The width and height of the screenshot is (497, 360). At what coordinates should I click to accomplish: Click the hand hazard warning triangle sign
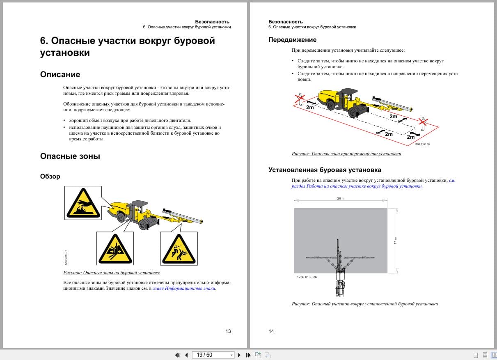[x=82, y=203]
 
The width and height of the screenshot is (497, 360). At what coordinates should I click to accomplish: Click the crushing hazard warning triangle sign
[x=115, y=249]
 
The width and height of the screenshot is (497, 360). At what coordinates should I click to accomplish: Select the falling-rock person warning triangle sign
[x=179, y=249]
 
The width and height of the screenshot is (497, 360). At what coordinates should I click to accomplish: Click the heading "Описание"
[x=60, y=74]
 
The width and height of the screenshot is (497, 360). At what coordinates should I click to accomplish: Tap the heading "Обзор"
[x=50, y=176]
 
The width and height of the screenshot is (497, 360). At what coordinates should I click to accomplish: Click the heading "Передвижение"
[x=292, y=40]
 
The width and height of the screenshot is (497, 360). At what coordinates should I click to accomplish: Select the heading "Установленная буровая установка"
[x=325, y=170]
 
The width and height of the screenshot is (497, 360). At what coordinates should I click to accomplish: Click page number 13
[x=228, y=331]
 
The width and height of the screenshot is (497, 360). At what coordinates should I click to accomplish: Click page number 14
[x=271, y=331]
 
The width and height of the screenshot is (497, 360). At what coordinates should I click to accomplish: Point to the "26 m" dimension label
[x=341, y=198]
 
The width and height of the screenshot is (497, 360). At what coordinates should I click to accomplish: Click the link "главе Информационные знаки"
[x=184, y=288]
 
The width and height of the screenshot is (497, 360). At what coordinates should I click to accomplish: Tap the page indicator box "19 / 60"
[x=212, y=355]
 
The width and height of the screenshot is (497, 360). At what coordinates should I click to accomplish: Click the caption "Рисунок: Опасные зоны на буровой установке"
[x=112, y=273]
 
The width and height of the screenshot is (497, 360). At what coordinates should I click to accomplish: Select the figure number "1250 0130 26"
[x=307, y=277]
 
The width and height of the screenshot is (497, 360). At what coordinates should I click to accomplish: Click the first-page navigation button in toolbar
[x=177, y=355]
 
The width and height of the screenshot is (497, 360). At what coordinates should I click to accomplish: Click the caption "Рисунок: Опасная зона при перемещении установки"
[x=346, y=154]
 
